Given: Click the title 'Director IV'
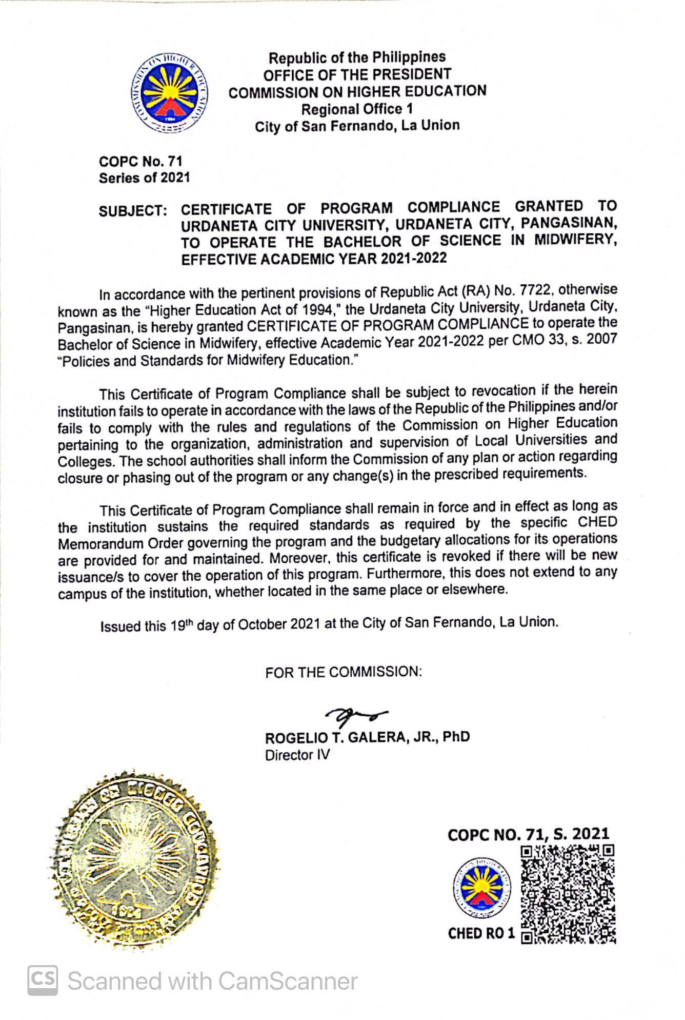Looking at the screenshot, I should (x=297, y=755).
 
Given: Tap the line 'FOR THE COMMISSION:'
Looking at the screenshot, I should (x=344, y=672).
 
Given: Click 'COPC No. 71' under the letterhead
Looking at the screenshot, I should (x=140, y=162).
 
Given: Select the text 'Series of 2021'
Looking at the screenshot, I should (x=144, y=178).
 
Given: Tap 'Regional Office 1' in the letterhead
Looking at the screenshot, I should (x=357, y=109).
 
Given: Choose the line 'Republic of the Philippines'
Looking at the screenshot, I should (x=357, y=57).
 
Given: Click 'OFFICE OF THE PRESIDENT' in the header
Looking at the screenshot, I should (x=357, y=74).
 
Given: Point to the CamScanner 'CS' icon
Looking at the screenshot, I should (x=43, y=980).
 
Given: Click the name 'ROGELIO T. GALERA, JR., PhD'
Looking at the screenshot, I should (x=367, y=737).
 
